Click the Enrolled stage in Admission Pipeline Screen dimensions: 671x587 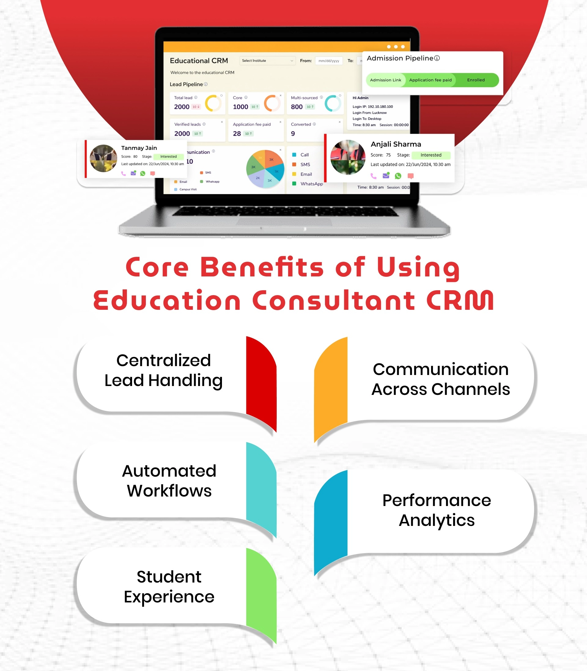point(476,80)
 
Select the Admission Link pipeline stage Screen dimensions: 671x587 point(385,80)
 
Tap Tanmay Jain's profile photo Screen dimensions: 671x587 point(103,158)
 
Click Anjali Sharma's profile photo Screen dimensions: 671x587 point(348,157)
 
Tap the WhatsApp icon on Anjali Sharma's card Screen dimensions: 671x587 point(398,176)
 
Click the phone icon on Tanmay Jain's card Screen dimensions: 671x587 point(124,174)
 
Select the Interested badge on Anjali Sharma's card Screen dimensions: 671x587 point(431,155)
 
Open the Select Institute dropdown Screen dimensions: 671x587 point(267,61)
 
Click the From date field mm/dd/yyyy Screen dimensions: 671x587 point(329,61)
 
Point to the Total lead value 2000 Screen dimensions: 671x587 point(182,107)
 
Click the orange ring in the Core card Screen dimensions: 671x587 point(272,103)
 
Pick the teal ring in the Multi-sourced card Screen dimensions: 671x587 point(333,103)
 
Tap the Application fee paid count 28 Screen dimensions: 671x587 point(237,134)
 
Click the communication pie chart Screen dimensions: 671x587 point(265,169)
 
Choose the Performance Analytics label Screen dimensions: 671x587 point(437,510)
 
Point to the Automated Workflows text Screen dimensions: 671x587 point(169,481)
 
